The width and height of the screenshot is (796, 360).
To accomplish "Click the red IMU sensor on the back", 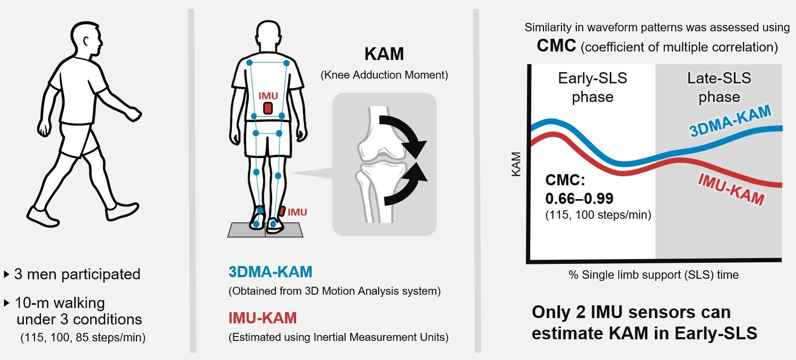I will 268,108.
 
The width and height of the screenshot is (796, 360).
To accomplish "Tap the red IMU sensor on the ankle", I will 281,211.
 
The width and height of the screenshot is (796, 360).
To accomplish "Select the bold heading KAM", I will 384,55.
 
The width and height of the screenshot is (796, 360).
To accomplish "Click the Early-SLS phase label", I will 592,88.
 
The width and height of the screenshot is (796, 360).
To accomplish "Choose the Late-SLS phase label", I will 719,88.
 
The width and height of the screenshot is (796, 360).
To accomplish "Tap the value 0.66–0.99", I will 579,199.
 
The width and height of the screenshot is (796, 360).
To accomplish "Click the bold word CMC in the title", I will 556,46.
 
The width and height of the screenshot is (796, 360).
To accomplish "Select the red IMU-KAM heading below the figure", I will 262,318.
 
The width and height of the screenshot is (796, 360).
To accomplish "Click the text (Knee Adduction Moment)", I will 384,75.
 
